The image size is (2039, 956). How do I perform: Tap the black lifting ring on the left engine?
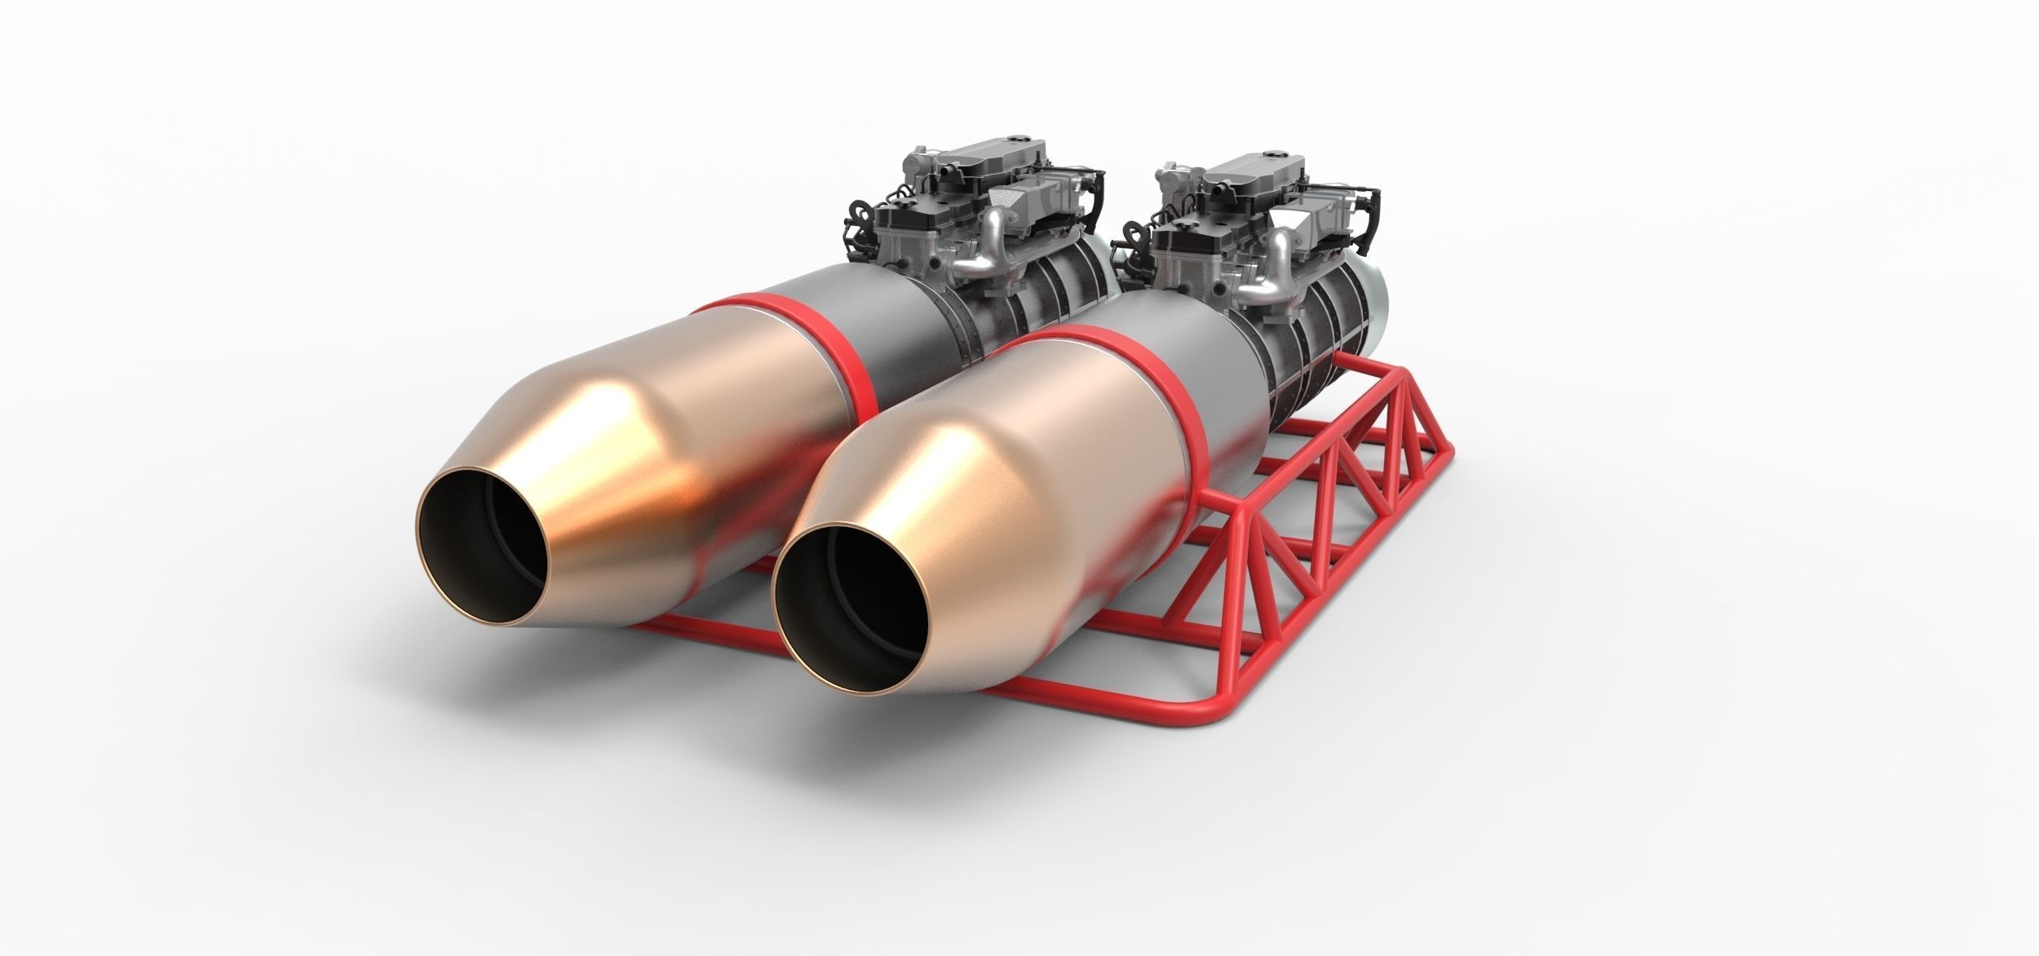pos(852,214)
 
